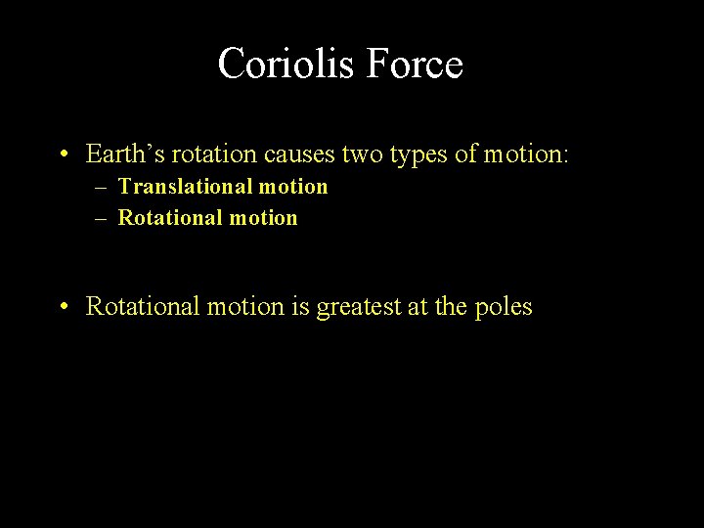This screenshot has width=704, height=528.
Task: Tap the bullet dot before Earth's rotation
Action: pos(62,154)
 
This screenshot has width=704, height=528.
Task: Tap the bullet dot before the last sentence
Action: pos(62,307)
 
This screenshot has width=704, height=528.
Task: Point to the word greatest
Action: pos(358,307)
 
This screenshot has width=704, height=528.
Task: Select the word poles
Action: pos(503,307)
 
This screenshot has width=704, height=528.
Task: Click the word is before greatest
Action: pos(299,306)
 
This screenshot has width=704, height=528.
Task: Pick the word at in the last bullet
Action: pos(417,307)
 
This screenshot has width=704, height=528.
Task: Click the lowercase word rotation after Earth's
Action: pos(201,154)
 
